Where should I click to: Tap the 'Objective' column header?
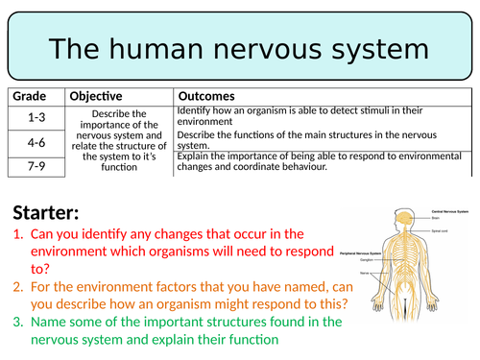click(x=94, y=96)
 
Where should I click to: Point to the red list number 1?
click(x=18, y=233)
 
